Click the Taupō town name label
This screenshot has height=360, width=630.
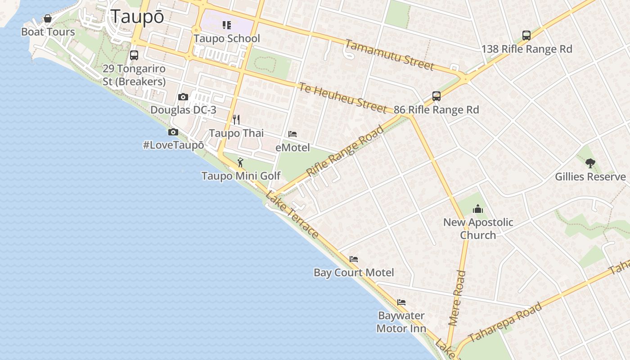click(137, 17)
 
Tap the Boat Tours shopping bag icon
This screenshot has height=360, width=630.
click(48, 19)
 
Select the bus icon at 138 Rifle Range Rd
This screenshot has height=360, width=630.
click(526, 36)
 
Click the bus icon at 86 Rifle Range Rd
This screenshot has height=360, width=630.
click(436, 96)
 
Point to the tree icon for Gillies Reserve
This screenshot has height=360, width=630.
click(590, 163)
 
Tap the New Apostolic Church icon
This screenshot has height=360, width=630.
click(477, 209)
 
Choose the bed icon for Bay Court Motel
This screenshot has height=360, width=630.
click(354, 259)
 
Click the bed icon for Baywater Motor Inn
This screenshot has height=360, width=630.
click(401, 302)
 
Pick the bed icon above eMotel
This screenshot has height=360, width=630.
click(292, 134)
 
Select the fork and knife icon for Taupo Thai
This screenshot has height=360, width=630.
click(236, 120)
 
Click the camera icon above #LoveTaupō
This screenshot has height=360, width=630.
click(173, 132)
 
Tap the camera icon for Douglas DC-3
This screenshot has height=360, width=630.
click(183, 97)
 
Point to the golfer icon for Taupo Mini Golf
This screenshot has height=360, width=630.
click(240, 162)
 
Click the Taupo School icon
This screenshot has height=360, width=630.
click(227, 25)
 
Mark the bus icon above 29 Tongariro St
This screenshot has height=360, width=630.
click(134, 55)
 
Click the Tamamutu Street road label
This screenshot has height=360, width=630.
click(390, 55)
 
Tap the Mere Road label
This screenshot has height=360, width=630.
click(458, 298)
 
